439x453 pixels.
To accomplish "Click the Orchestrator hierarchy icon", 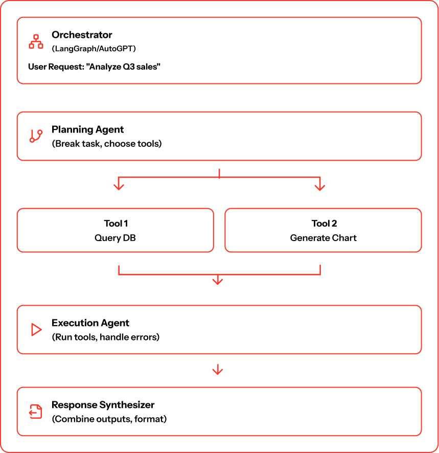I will [x=36, y=41].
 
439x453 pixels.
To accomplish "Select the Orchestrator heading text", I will [x=82, y=35].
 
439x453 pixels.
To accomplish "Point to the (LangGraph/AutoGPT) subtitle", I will [x=94, y=49].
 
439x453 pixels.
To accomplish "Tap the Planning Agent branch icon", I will [x=36, y=136].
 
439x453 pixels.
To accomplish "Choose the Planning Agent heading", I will [x=87, y=130].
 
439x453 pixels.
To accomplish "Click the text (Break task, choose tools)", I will [x=106, y=143].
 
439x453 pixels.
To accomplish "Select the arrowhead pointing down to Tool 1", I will [x=119, y=186].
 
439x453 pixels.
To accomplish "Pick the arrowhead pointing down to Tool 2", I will [x=320, y=186].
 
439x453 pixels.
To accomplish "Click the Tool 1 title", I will [x=115, y=223].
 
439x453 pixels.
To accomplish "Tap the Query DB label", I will [x=115, y=238].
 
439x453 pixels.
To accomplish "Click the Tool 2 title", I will [x=324, y=223].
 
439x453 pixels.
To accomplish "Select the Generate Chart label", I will [x=324, y=238].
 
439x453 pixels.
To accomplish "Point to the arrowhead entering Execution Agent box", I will [x=218, y=281].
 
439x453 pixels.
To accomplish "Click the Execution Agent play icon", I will [x=36, y=330].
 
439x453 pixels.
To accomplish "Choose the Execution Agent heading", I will [x=90, y=323].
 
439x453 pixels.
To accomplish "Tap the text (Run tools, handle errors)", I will [x=105, y=337].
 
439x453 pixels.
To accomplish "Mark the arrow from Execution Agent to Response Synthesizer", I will [x=218, y=370].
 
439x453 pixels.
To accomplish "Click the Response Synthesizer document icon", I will [x=36, y=412].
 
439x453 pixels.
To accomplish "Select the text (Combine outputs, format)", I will [x=109, y=419].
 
